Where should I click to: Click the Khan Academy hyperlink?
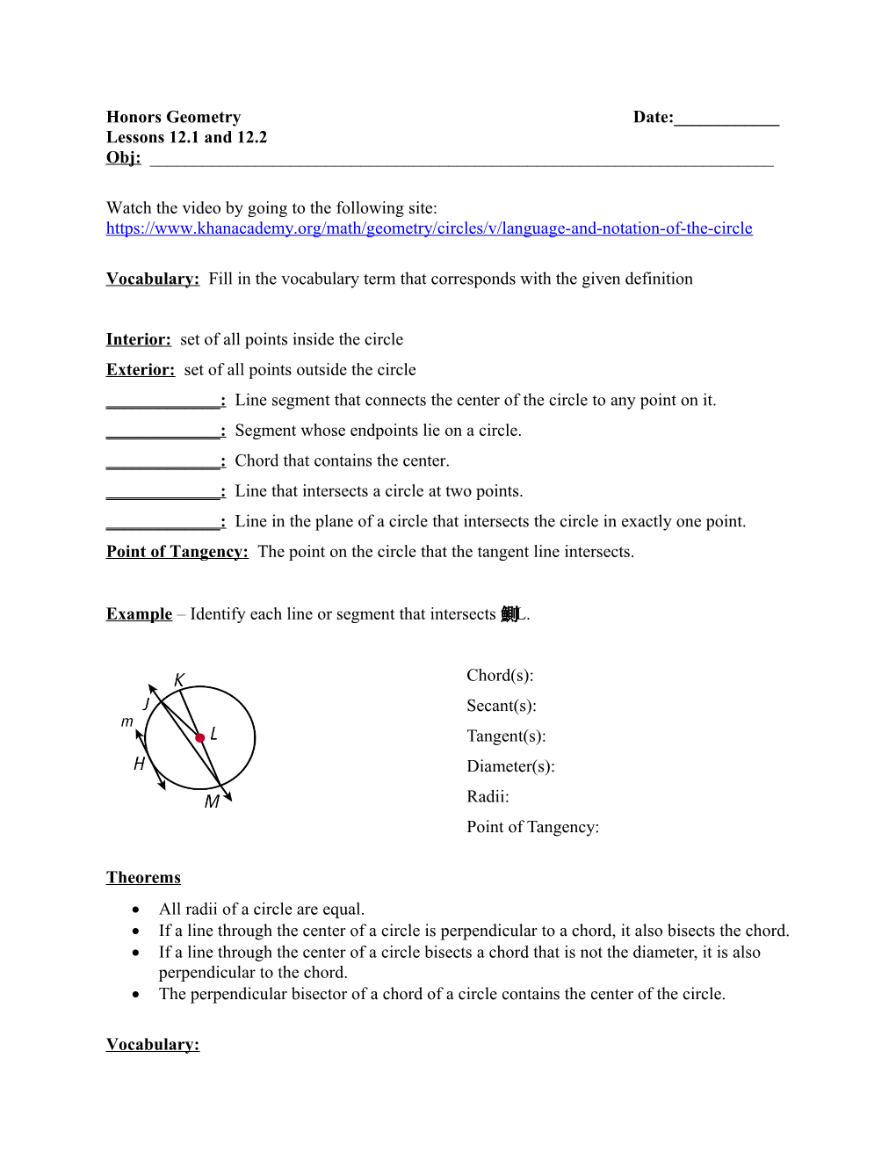[429, 228]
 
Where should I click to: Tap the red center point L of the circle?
[200, 737]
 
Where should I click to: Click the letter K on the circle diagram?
[179, 680]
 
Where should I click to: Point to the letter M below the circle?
[212, 801]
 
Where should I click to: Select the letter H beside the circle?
[139, 764]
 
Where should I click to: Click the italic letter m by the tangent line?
[127, 721]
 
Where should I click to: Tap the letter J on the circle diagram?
[146, 704]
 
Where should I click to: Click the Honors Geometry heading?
[173, 117]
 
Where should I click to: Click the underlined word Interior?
[138, 339]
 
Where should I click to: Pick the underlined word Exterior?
[140, 370]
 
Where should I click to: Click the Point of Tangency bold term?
[177, 552]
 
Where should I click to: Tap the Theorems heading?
[143, 878]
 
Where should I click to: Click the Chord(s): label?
[500, 676]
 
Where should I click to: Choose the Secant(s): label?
[501, 706]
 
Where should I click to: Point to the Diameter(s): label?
[510, 766]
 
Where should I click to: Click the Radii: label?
[488, 797]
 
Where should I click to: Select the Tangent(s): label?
[506, 736]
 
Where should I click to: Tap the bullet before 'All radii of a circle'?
[135, 910]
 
